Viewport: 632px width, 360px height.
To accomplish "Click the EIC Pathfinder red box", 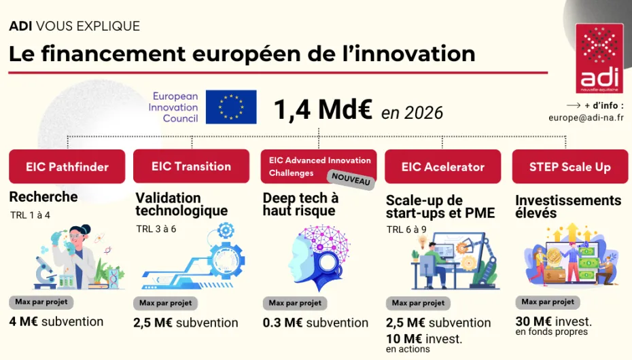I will coord(67,166).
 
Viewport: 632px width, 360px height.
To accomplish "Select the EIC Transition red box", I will coord(191,166).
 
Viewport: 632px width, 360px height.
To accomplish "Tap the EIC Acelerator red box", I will coord(442,167).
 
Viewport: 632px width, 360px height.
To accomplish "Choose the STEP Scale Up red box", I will coord(569,167).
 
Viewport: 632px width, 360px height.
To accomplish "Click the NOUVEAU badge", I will coord(352,179).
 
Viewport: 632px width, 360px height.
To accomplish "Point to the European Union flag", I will coord(231,107).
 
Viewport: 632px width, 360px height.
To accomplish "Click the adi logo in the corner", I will coord(599,59).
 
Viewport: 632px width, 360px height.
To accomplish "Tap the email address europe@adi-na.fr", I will coord(586,118).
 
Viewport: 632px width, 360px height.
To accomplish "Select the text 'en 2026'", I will coord(412,112).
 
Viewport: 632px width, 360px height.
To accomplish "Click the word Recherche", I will coord(43,197).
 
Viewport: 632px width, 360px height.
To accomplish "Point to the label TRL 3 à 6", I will coord(156,229).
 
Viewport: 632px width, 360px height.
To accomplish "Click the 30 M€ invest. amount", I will coord(553,321).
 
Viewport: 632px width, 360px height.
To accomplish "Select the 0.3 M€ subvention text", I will coord(315,323).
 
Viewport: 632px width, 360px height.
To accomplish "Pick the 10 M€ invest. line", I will coord(424,338).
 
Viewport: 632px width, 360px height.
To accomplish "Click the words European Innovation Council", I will coord(175,107).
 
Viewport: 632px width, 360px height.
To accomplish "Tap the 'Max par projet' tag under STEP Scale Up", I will coord(548,302).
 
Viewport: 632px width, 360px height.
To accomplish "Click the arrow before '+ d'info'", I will coord(573,105).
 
